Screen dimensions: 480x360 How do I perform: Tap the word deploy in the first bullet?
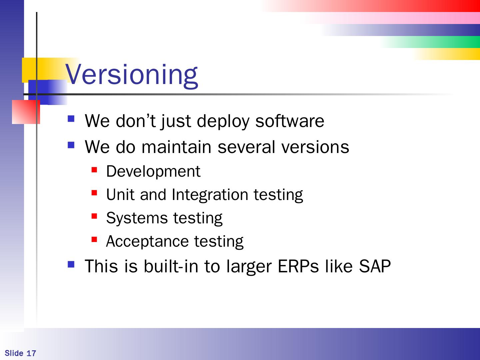pyautogui.click(x=223, y=122)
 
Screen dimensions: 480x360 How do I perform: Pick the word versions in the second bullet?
pyautogui.click(x=315, y=147)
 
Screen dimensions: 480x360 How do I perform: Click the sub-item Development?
pyautogui.click(x=153, y=172)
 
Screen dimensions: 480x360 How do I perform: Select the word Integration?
pyautogui.click(x=210, y=195)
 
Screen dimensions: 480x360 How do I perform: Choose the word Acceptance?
pyautogui.click(x=147, y=241)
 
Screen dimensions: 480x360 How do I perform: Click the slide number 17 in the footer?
pyautogui.click(x=31, y=353)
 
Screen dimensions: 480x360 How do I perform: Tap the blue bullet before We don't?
pyautogui.click(x=71, y=119)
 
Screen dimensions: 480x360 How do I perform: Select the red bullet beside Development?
pyautogui.click(x=94, y=170)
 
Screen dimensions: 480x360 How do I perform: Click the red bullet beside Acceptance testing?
pyautogui.click(x=94, y=240)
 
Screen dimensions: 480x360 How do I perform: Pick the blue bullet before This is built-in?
pyautogui.click(x=71, y=264)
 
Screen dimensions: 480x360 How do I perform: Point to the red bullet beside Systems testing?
pyautogui.click(x=94, y=216)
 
